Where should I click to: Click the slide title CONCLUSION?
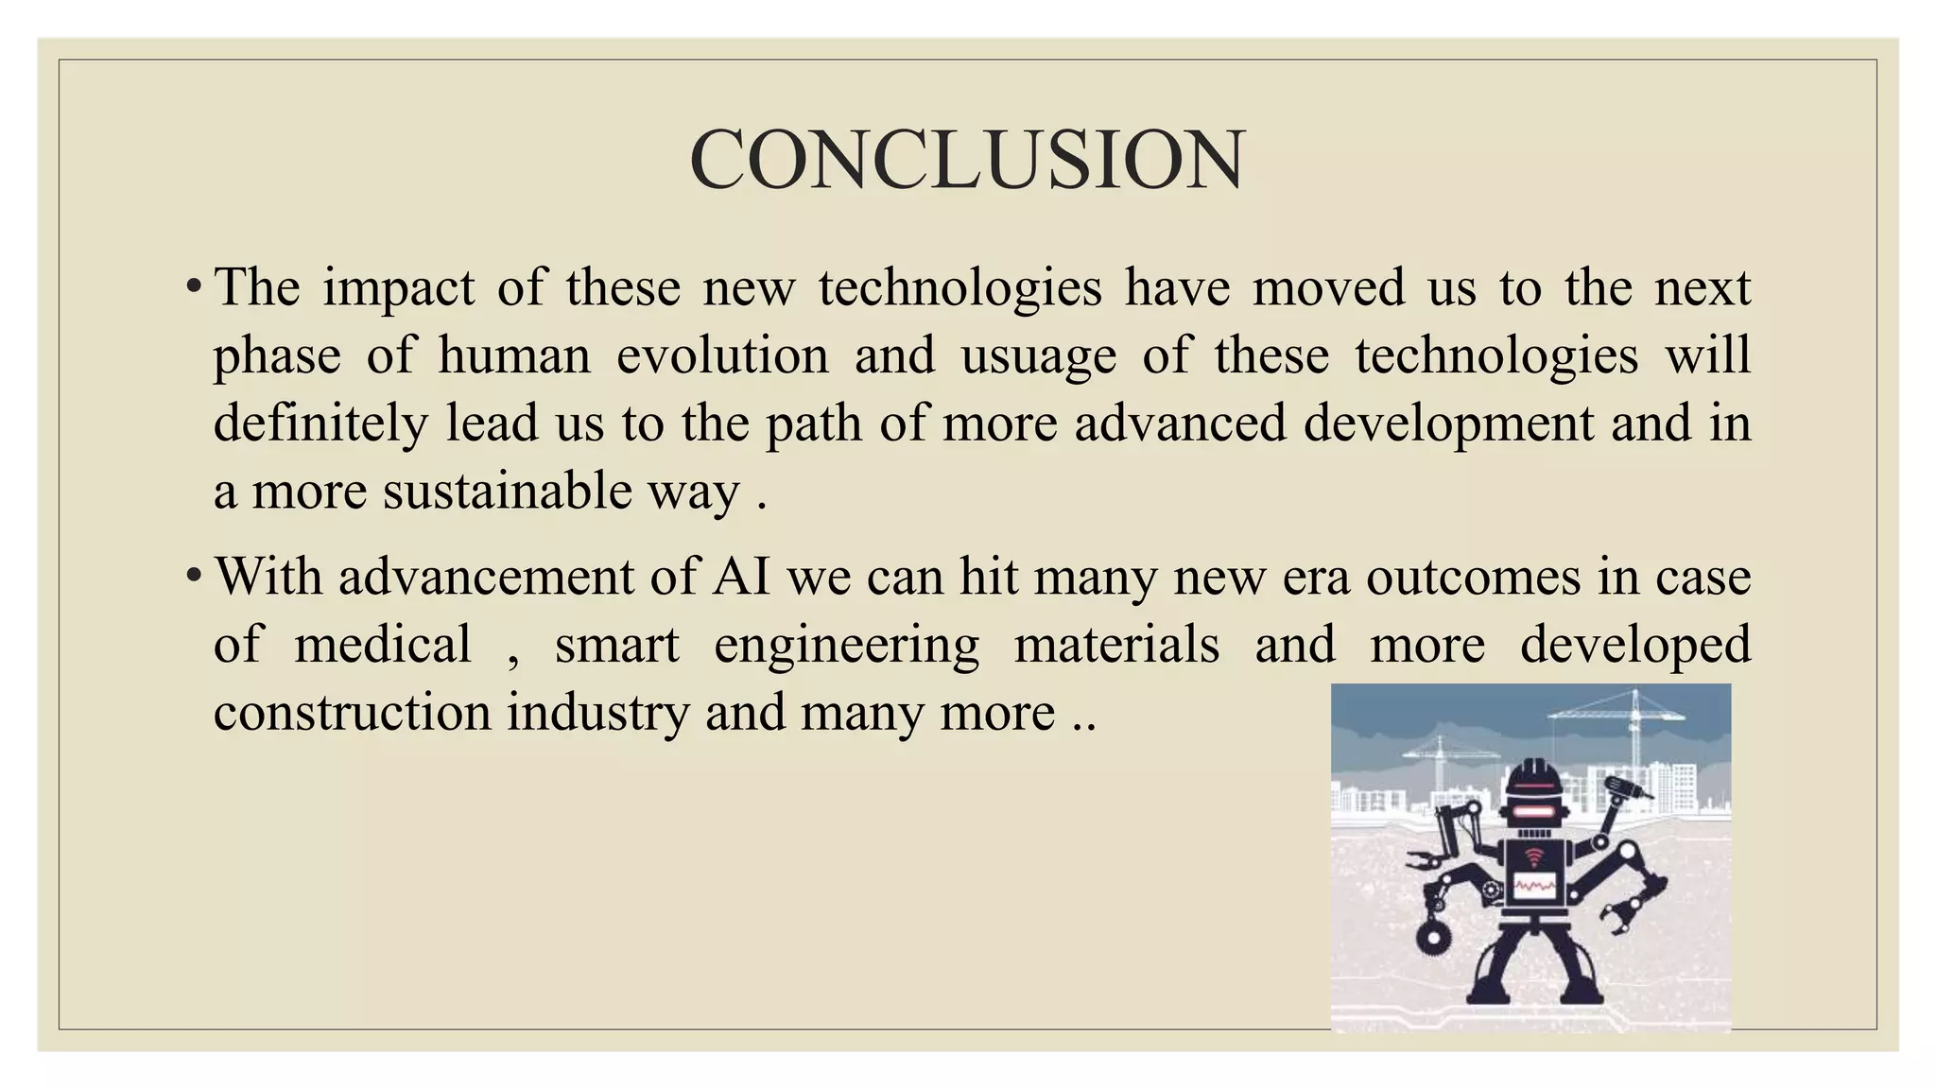pyautogui.click(x=967, y=160)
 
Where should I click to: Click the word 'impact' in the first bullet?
pyautogui.click(x=398, y=287)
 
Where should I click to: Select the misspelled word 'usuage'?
pyautogui.click(x=1038, y=355)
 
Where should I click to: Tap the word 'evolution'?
pyautogui.click(x=722, y=355)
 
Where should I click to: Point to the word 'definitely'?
pyautogui.click(x=320, y=423)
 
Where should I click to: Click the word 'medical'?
pyautogui.click(x=382, y=644)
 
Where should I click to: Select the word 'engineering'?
pyautogui.click(x=846, y=646)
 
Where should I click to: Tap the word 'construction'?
pyautogui.click(x=352, y=712)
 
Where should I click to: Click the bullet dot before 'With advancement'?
pyautogui.click(x=193, y=576)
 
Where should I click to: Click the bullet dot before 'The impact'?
pyautogui.click(x=193, y=286)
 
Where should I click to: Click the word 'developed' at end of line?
pyautogui.click(x=1634, y=644)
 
